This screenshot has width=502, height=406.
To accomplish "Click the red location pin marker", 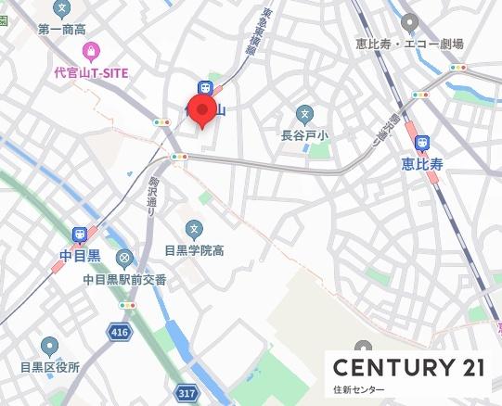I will click(x=202, y=108).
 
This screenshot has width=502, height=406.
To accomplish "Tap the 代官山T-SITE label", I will click(x=89, y=73).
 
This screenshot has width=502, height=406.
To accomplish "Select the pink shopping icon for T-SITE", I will click(x=89, y=51).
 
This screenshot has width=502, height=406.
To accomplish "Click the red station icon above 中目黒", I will click(x=79, y=234).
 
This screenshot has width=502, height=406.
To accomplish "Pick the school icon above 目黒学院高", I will click(x=194, y=228).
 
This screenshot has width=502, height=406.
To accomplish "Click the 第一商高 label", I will click(x=61, y=31).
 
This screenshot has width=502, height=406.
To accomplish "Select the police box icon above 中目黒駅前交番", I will click(x=124, y=258).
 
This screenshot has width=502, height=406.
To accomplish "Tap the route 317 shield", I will click(x=187, y=394).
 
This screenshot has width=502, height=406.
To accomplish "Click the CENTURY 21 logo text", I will click(x=408, y=367).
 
